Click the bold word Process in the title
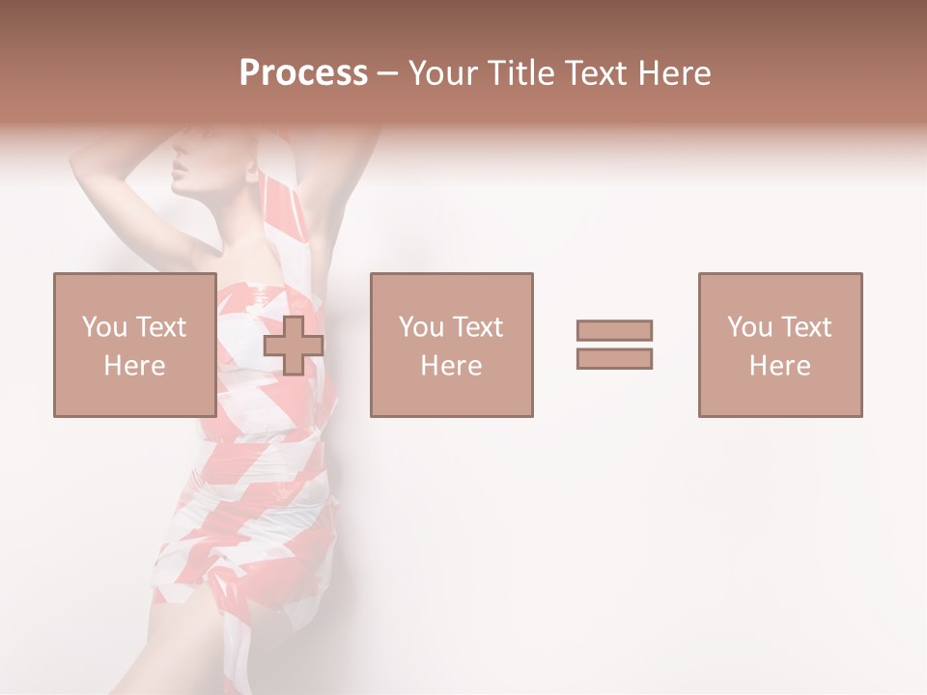(303, 73)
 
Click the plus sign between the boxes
(294, 345)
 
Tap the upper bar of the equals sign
(614, 330)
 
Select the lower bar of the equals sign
(614, 358)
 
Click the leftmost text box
(134, 345)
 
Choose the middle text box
(451, 345)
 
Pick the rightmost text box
(779, 345)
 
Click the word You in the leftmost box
(104, 327)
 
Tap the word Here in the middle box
(451, 366)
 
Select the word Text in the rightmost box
(805, 327)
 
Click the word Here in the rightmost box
(779, 366)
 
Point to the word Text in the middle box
(477, 327)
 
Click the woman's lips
(179, 177)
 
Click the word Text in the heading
(591, 73)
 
